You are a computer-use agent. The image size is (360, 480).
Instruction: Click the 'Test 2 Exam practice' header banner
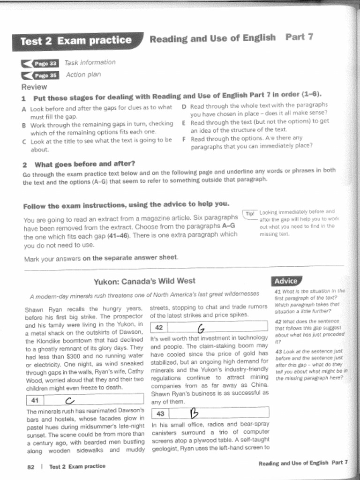point(76,41)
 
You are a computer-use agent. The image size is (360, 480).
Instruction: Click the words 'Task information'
point(90,62)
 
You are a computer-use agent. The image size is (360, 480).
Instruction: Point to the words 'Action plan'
point(83,75)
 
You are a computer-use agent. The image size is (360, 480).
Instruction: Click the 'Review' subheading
point(34,87)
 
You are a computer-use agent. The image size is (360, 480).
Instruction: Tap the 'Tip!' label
point(249,214)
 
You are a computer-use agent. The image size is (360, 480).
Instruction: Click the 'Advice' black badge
point(286,281)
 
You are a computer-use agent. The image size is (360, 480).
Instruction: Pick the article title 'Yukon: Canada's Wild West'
point(144,281)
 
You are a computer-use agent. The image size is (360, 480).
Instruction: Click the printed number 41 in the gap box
point(35,400)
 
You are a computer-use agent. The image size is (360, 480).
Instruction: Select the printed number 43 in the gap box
point(160,413)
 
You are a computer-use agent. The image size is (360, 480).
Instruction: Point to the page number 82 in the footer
point(31,466)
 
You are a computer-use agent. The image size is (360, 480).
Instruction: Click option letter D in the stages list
point(184,106)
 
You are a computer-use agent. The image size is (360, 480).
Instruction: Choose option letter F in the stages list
point(184,139)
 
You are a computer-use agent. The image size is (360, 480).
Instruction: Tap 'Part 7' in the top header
point(299,37)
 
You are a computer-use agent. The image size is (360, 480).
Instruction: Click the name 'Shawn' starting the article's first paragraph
point(34,309)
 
